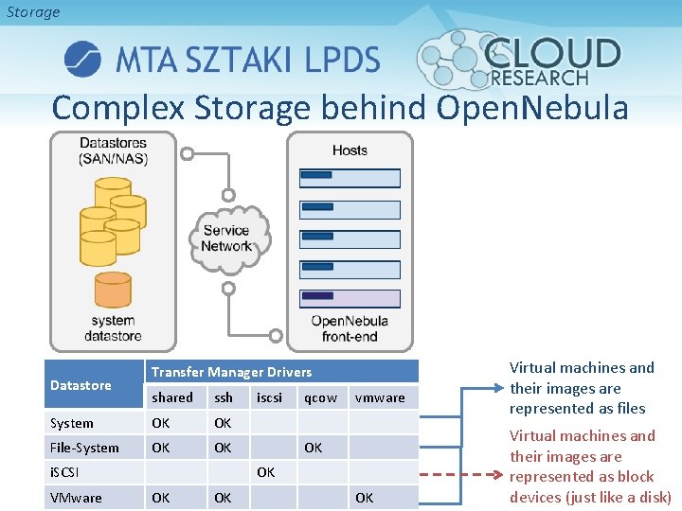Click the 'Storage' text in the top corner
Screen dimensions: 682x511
point(33,12)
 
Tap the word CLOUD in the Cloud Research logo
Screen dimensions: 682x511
point(554,53)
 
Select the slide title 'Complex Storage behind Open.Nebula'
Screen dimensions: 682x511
point(340,108)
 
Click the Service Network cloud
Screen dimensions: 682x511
point(227,238)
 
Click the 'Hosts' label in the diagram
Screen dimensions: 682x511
point(350,150)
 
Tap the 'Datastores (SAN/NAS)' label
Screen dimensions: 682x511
point(113,150)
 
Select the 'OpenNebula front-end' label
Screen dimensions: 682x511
point(350,328)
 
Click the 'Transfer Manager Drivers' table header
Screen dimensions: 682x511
point(231,372)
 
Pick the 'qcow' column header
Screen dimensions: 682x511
point(320,397)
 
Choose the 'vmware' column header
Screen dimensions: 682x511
point(379,397)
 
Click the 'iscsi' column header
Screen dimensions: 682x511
point(269,397)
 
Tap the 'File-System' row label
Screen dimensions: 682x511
point(84,448)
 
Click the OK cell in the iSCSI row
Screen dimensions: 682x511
point(265,471)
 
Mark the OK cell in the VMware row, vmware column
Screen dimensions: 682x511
point(365,497)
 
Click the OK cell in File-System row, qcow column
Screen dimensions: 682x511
point(313,447)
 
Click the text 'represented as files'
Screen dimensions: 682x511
point(577,409)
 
